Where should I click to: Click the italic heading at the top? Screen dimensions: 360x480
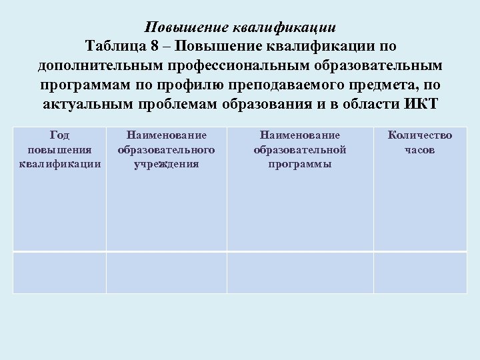pyautogui.click(x=240, y=28)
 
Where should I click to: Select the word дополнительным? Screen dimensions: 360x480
pyautogui.click(x=104, y=67)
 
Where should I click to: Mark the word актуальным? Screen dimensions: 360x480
pyautogui.click(x=92, y=105)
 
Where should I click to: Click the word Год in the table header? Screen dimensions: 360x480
pyautogui.click(x=60, y=135)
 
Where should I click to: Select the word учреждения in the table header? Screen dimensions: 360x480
pyautogui.click(x=166, y=164)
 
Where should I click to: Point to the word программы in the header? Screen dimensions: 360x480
pyautogui.click(x=299, y=164)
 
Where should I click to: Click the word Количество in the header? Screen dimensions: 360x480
pyautogui.click(x=419, y=135)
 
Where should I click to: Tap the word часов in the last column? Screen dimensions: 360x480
pyautogui.click(x=419, y=150)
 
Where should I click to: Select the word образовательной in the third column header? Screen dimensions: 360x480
pyautogui.click(x=299, y=150)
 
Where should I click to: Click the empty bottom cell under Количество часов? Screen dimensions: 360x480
pyautogui.click(x=420, y=272)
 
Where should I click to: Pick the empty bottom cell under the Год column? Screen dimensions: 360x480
pyautogui.click(x=60, y=272)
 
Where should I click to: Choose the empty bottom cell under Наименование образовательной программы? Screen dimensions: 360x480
pyautogui.click(x=299, y=272)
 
